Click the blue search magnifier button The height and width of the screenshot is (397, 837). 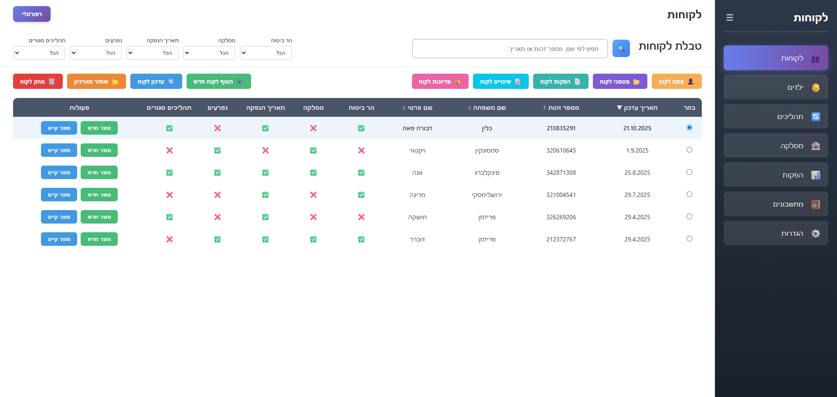[x=621, y=48]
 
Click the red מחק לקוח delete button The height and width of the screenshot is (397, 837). [x=38, y=81]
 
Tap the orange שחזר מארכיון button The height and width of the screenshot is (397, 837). [x=96, y=81]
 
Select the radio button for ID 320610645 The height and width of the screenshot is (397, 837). [x=689, y=150]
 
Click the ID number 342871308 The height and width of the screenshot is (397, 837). [x=561, y=173]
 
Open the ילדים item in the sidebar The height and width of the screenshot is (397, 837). [x=776, y=87]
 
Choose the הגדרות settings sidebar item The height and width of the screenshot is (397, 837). [x=776, y=233]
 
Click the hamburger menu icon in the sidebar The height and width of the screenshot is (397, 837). [x=730, y=17]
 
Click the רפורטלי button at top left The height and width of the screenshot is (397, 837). [x=32, y=14]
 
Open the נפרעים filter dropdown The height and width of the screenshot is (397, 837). [x=96, y=53]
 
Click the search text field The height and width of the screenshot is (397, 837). [x=510, y=48]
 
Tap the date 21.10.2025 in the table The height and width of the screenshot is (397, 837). [x=637, y=128]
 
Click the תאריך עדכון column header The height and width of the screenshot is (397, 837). [x=637, y=108]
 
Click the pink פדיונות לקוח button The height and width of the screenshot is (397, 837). [x=440, y=81]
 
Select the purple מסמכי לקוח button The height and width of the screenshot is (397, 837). [x=620, y=81]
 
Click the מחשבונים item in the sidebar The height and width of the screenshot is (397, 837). [x=776, y=204]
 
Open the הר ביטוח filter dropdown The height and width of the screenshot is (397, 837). [x=266, y=53]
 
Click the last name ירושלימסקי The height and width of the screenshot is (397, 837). [x=487, y=195]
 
